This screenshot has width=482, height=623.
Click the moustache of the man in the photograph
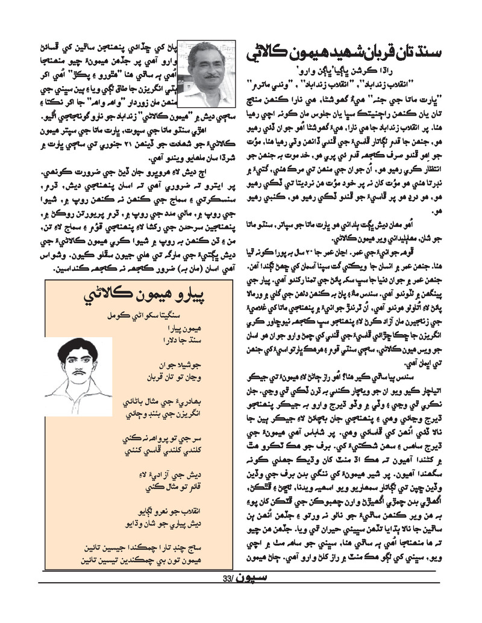(208, 77)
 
